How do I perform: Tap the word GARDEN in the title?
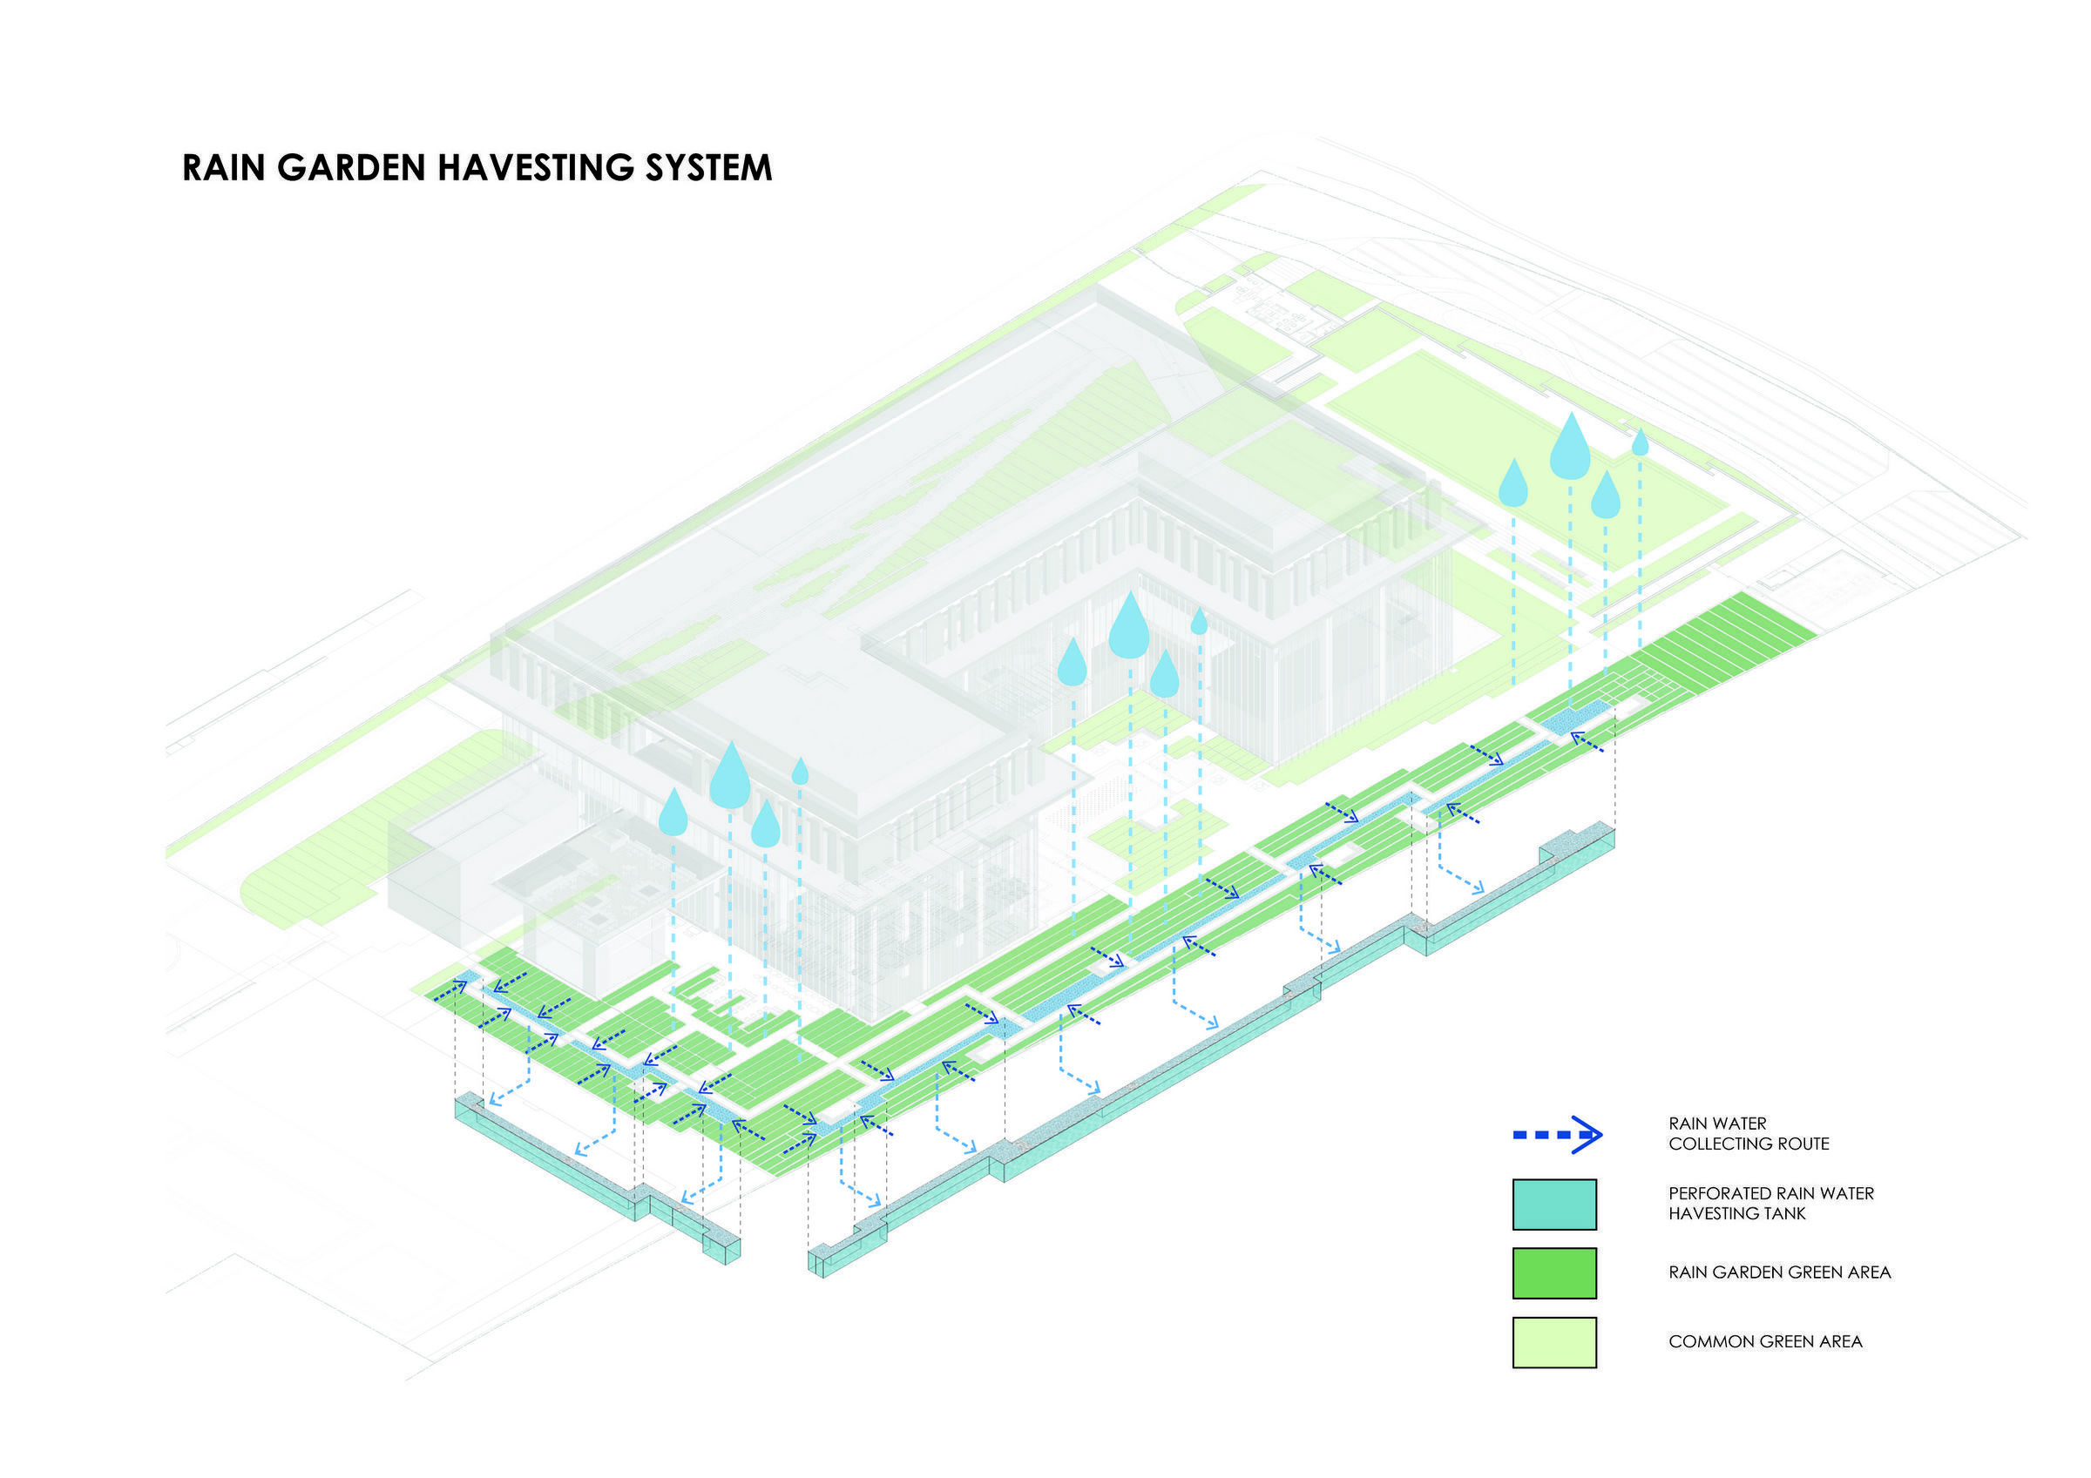click(x=350, y=167)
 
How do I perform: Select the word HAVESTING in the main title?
click(x=536, y=167)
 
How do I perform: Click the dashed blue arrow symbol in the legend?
click(x=1556, y=1135)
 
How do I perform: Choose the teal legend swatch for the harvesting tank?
click(x=1553, y=1204)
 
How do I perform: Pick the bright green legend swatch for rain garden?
click(x=1553, y=1272)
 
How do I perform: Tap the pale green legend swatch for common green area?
click(x=1553, y=1342)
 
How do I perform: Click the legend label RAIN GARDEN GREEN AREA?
click(x=1780, y=1272)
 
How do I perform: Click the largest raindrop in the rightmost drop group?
click(x=1570, y=445)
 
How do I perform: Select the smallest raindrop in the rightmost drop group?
click(x=1640, y=442)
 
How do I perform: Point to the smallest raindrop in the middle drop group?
click(x=1199, y=621)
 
